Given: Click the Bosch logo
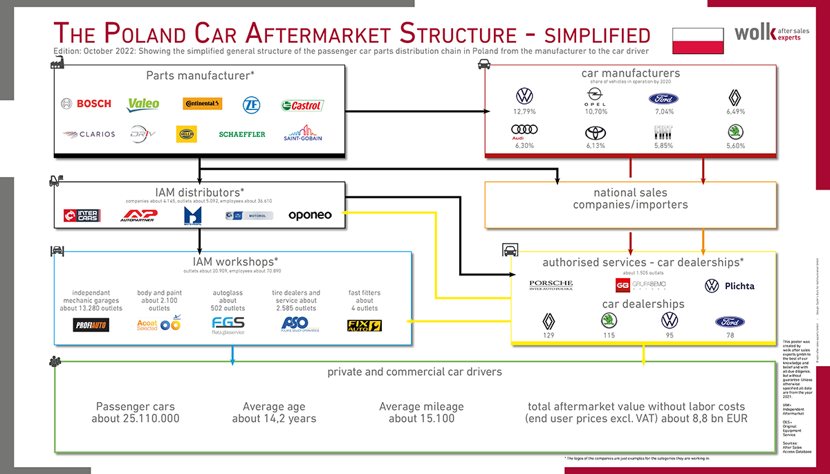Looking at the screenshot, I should click(86, 104).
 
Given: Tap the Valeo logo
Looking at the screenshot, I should click(144, 104).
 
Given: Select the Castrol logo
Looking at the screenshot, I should click(302, 105).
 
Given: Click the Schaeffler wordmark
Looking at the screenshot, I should click(242, 134).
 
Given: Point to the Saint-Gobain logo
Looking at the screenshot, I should click(302, 133).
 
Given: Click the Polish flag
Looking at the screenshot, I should click(698, 41).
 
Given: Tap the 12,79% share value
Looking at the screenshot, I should click(524, 111).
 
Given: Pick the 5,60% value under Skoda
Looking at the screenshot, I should click(736, 146).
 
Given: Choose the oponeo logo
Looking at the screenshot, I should click(310, 215).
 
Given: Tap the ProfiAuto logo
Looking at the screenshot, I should click(91, 325).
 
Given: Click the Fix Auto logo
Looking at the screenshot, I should click(364, 325).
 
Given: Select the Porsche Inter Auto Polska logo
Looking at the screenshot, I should click(551, 285).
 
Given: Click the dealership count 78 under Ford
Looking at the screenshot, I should click(730, 336).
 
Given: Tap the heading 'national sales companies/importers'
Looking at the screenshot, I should click(630, 199).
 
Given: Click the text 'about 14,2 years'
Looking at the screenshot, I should click(274, 419).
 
